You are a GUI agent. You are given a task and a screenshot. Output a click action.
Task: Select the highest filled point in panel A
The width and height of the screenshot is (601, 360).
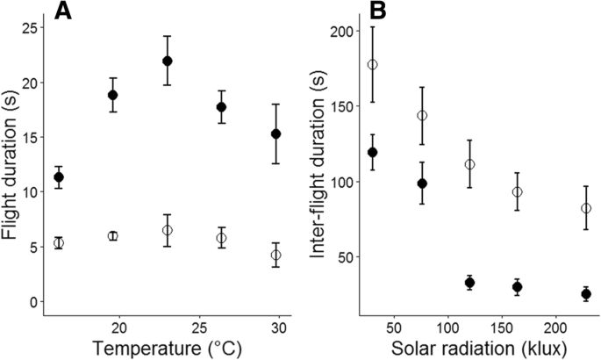click(x=168, y=61)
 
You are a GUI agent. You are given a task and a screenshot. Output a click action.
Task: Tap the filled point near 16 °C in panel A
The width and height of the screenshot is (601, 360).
click(x=59, y=177)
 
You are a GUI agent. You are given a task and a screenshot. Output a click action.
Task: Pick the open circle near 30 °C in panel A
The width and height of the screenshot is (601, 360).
click(x=276, y=255)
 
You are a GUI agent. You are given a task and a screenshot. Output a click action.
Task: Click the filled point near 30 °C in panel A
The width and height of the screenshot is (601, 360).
click(x=276, y=134)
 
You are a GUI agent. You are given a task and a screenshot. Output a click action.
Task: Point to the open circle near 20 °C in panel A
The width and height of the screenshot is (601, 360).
click(x=112, y=236)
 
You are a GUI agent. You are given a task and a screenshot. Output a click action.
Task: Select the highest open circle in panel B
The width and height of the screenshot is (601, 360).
click(x=373, y=64)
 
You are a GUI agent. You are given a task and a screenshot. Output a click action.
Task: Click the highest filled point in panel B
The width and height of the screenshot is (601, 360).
click(x=373, y=152)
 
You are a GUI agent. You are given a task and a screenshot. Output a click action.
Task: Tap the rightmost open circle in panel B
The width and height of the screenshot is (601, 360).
click(x=586, y=208)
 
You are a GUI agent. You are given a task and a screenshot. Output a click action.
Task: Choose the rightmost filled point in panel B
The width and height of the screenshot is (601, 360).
click(x=586, y=294)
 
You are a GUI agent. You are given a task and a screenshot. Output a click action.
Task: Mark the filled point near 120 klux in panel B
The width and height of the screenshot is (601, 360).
click(x=469, y=283)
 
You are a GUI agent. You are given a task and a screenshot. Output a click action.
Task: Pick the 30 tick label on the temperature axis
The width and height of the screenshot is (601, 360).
click(x=277, y=326)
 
